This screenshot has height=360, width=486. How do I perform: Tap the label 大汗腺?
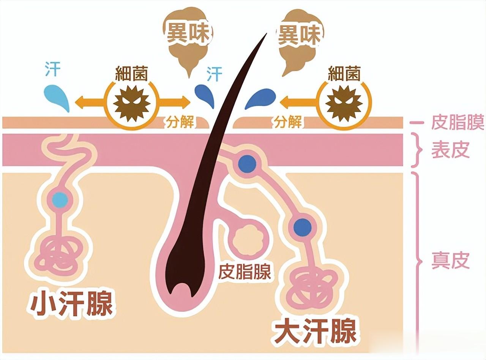[x=315, y=331]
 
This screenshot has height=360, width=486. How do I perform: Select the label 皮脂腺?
[x=245, y=272]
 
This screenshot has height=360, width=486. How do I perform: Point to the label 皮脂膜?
[x=458, y=123]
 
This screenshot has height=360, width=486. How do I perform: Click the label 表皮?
[x=450, y=150]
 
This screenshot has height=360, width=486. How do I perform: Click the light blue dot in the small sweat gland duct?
[x=60, y=198]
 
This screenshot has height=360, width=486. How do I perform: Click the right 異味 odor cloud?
[x=300, y=36]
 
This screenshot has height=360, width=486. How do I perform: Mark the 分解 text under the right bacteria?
[x=287, y=123]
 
